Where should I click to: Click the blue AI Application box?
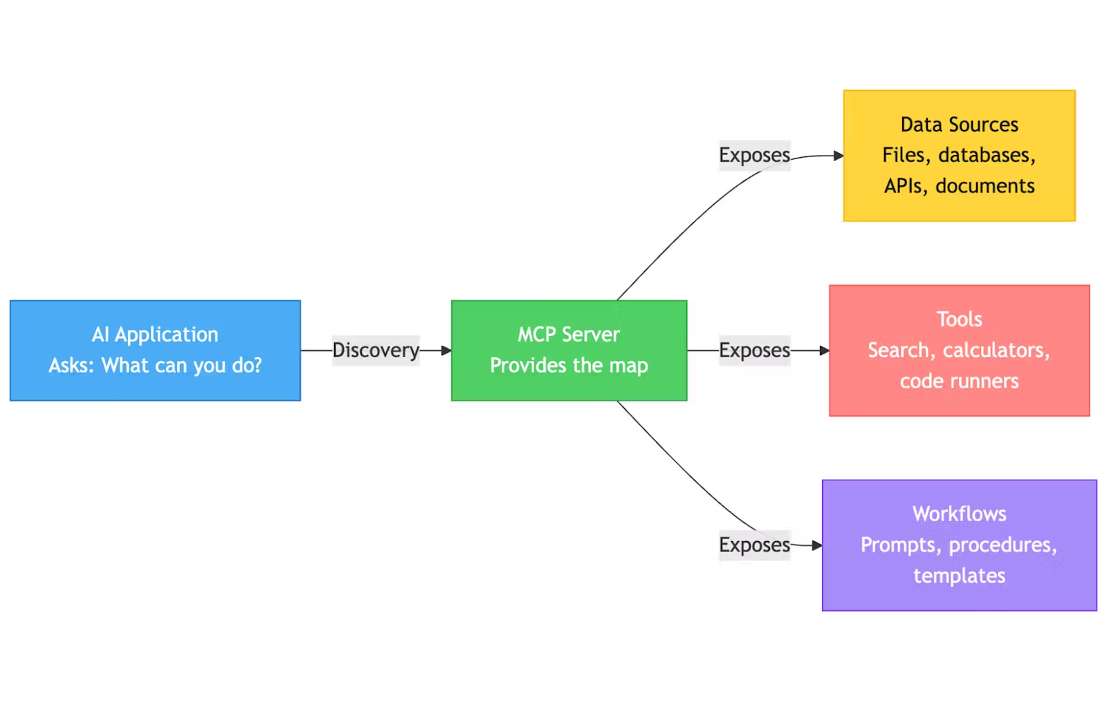pyautogui.click(x=155, y=350)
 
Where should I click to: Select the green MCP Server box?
pyautogui.click(x=569, y=350)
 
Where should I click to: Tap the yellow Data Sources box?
pyautogui.click(x=959, y=156)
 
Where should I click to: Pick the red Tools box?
pyautogui.click(x=959, y=350)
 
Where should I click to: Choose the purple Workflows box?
pyautogui.click(x=959, y=545)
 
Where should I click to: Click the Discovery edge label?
pyautogui.click(x=376, y=350)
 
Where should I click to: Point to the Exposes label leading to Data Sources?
pyautogui.click(x=754, y=155)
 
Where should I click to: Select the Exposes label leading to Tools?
pyautogui.click(x=754, y=350)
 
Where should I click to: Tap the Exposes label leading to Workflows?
pyautogui.click(x=754, y=545)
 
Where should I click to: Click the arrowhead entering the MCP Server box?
pyautogui.click(x=446, y=351)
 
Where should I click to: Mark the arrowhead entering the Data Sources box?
pyautogui.click(x=838, y=156)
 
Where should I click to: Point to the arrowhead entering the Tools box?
pyautogui.click(x=824, y=351)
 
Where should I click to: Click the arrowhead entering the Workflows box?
pyautogui.click(x=817, y=545)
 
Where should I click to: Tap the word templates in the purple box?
pyautogui.click(x=959, y=576)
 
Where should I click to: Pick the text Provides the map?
pyautogui.click(x=569, y=365)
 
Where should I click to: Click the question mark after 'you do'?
pyautogui.click(x=257, y=365)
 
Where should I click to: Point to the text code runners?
pyautogui.click(x=959, y=381)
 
